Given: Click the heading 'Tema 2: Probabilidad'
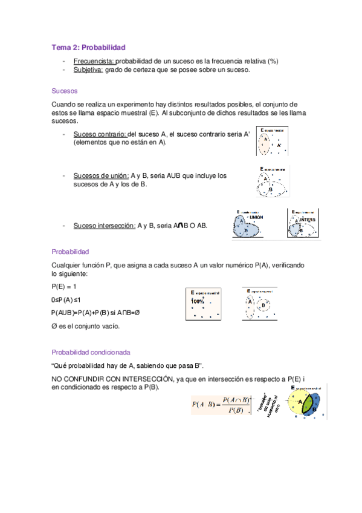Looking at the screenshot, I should tap(88, 47).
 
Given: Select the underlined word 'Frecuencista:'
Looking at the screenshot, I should tap(94, 61).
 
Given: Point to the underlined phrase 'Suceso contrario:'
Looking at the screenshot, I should tap(100, 134).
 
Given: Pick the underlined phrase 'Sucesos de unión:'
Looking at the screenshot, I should tap(101, 175).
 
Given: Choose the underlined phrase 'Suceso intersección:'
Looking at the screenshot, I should tap(105, 226).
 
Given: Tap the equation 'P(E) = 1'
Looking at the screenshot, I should tap(64, 286).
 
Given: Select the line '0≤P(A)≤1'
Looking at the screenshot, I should tap(66, 299).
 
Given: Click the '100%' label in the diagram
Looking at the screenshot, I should tap(198, 301).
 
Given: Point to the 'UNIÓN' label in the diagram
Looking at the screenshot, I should tap(256, 217).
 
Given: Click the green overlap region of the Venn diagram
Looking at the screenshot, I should tap(308, 404).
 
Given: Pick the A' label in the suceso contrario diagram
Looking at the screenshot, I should tap(279, 146).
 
